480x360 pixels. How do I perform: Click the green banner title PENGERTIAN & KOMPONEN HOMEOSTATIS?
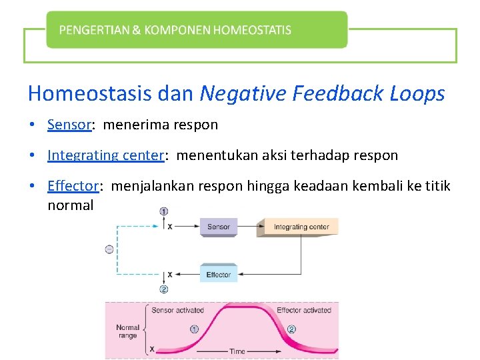coord(175,30)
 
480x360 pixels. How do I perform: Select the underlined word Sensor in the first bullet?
coord(69,125)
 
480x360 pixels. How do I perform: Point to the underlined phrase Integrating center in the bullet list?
coord(105,155)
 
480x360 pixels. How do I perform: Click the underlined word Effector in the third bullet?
coord(73,186)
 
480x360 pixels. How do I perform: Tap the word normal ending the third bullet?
coord(70,205)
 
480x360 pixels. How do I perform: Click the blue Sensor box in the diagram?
coord(219,227)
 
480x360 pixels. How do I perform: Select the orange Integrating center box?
coord(301,227)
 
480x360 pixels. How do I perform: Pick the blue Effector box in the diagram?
coord(219,274)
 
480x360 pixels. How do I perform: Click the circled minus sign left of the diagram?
coord(109,249)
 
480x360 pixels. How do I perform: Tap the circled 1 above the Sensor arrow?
coord(164,211)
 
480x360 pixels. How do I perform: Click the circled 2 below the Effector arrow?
coord(164,289)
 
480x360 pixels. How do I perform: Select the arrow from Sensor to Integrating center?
coord(247,227)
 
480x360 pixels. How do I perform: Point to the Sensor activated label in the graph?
coord(178,310)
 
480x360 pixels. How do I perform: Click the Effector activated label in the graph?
coord(304,310)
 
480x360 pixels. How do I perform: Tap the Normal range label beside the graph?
coord(127,331)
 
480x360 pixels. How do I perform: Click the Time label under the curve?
coord(237,351)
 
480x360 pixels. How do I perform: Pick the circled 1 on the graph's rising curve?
coord(195,329)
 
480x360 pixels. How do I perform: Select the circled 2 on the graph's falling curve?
coord(291,329)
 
